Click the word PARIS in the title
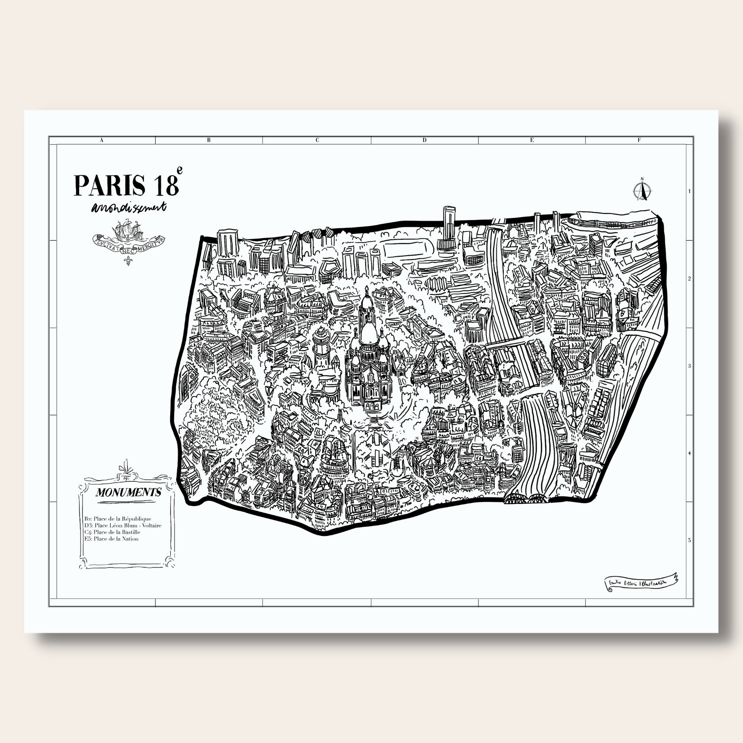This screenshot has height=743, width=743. [109, 185]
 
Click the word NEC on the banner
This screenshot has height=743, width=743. [128, 247]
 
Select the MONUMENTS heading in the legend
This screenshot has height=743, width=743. [128, 492]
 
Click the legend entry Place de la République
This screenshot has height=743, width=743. [117, 519]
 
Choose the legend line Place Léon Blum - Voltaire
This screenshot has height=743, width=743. [122, 525]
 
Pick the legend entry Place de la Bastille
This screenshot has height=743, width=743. [112, 532]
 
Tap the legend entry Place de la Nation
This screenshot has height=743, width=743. [111, 539]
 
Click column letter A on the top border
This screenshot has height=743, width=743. [101, 140]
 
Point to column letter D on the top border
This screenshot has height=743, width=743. [424, 140]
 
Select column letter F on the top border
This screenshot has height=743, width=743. [639, 140]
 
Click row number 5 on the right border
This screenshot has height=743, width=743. [689, 540]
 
